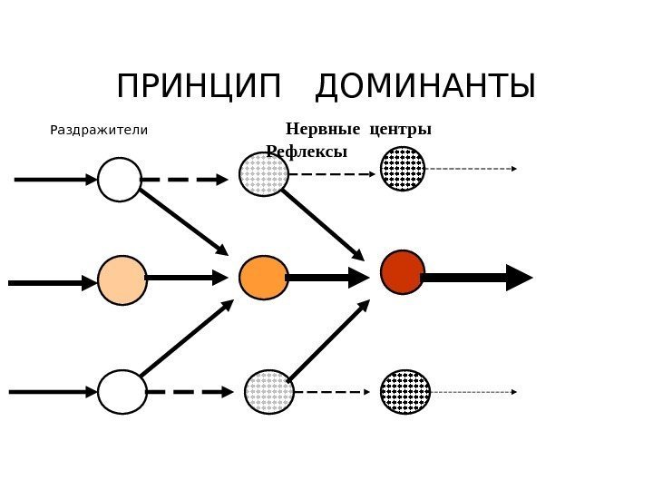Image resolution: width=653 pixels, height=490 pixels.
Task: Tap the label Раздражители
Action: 98,130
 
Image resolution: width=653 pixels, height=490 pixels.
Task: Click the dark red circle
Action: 403,272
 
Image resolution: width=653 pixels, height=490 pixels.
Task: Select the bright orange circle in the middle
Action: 264,278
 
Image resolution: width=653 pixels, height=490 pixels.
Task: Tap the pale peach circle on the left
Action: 122,280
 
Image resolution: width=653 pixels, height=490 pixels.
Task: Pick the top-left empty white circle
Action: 120,180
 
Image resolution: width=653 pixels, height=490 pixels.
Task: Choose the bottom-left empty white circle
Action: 122,392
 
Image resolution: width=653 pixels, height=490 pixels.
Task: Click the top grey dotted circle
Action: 264,174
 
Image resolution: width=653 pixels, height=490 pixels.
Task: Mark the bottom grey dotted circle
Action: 269,392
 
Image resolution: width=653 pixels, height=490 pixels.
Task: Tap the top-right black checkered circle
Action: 403,169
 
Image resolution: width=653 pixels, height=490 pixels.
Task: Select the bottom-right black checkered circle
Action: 404,392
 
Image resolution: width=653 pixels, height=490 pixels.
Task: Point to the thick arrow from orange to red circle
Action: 326,278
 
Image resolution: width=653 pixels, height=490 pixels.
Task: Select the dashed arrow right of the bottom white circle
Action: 190,392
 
